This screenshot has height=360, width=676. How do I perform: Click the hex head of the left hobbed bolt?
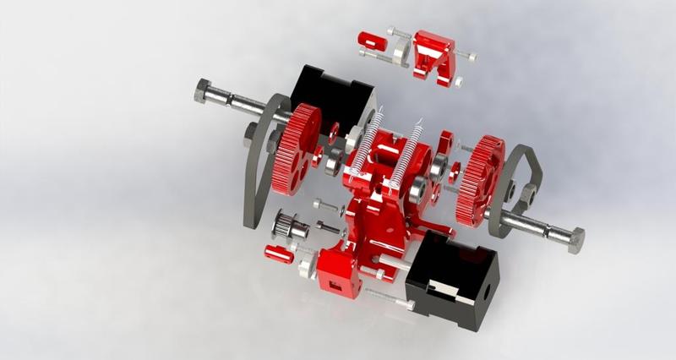[x=203, y=90]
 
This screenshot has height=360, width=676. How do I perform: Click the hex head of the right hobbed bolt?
[x=575, y=239]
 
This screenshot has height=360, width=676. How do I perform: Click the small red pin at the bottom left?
[x=278, y=253]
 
